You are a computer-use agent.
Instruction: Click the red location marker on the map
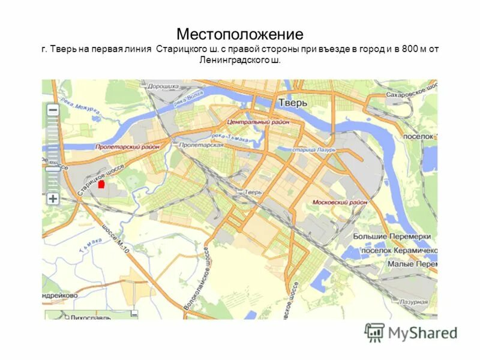101,184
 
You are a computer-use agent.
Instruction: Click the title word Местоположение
239,34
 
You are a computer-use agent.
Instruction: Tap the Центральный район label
258,122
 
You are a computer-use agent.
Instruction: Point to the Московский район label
340,202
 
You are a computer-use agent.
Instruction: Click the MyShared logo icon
374,332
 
